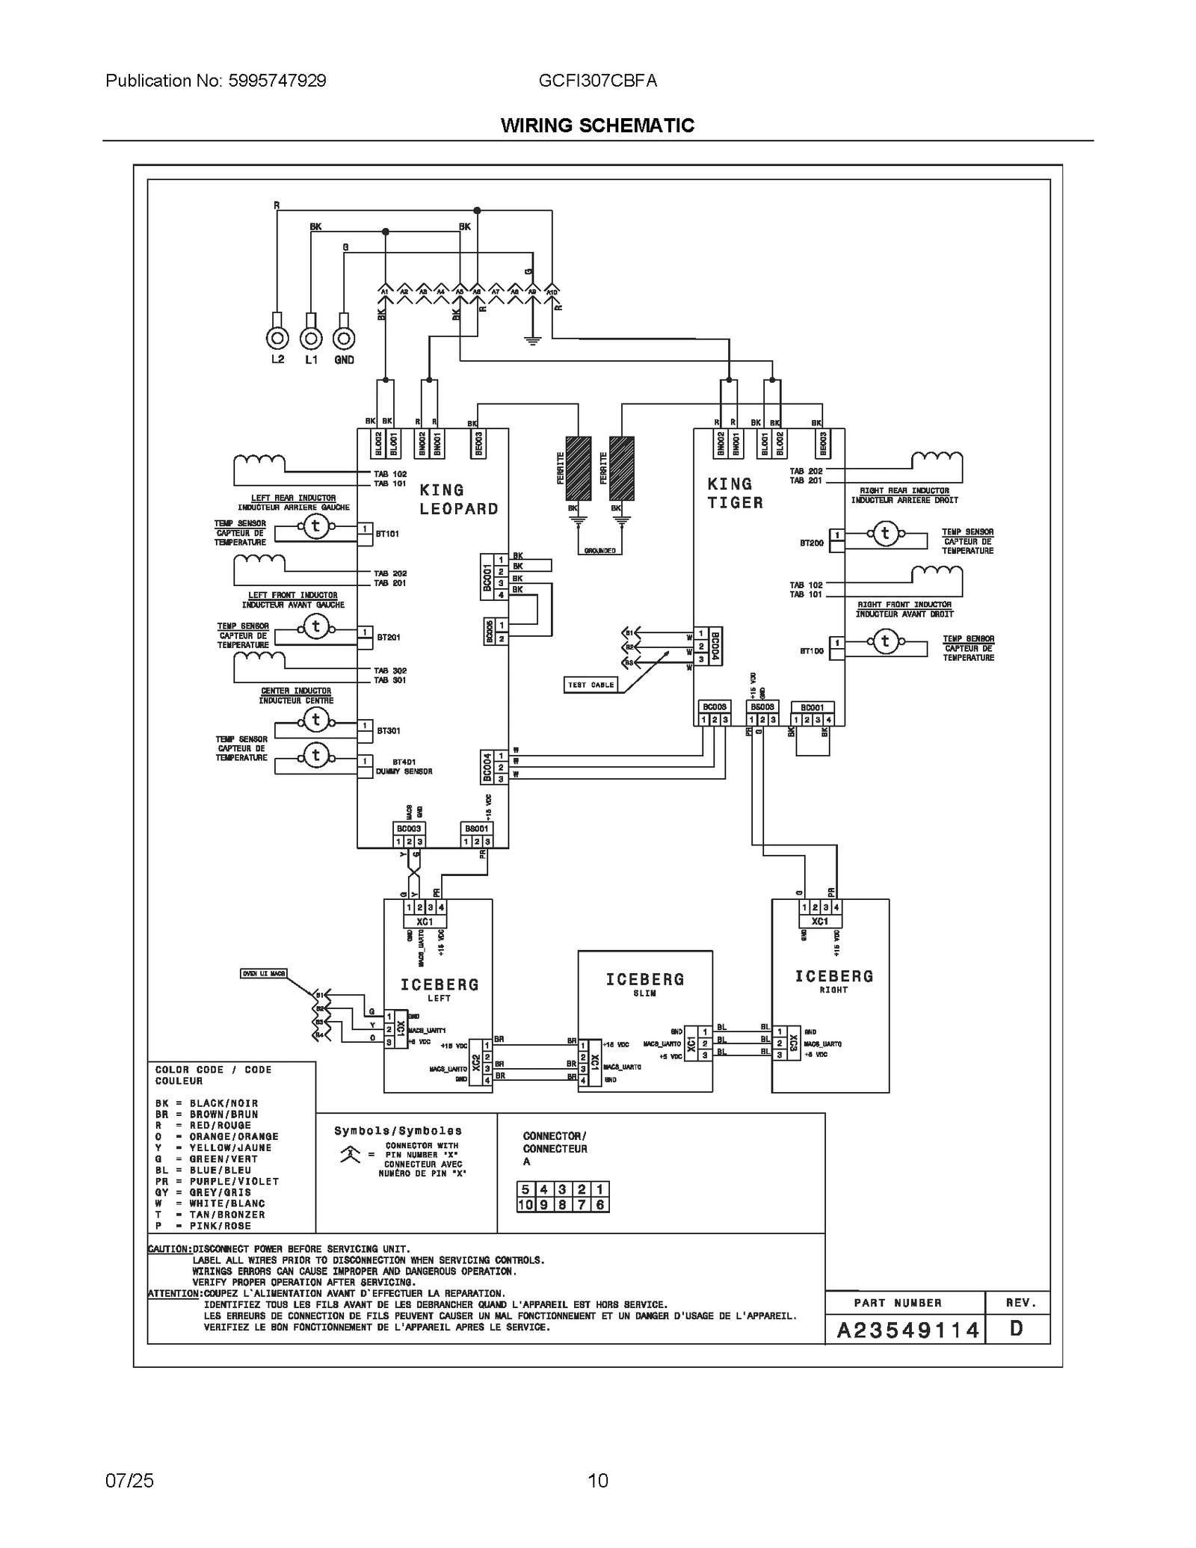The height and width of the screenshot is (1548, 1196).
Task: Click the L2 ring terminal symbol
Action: coord(277,339)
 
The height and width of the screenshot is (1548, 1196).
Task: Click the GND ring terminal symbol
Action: coord(343,339)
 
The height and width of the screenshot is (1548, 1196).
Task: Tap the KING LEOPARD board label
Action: coord(458,499)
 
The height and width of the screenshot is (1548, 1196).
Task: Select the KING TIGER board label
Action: coord(736,493)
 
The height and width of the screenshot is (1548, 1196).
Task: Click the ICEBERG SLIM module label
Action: coord(644,984)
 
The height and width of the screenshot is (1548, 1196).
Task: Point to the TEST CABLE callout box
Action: coord(591,685)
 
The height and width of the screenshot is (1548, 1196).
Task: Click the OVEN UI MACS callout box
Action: coord(263,973)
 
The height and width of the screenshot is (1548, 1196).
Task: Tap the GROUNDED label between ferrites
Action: coord(599,551)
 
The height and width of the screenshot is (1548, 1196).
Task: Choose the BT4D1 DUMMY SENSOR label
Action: coord(404,766)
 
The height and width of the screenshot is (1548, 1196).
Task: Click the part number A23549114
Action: coord(907,1330)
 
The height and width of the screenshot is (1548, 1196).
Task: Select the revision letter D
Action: coord(1016,1328)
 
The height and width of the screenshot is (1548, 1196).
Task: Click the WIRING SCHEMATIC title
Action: coord(597,126)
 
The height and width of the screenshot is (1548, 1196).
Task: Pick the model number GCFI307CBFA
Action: coord(597,81)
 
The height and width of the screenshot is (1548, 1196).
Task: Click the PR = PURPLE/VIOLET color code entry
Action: coord(217,1182)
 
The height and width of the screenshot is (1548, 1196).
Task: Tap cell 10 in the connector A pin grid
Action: coord(525,1205)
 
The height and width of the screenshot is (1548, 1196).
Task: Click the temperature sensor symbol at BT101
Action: coord(315,526)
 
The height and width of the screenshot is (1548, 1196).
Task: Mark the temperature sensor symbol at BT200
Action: coord(886,534)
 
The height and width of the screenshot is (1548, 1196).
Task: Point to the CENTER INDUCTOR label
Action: coord(296,691)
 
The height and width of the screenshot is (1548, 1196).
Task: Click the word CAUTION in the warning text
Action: coord(170,1249)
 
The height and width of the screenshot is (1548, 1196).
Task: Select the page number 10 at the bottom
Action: coord(597,1480)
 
